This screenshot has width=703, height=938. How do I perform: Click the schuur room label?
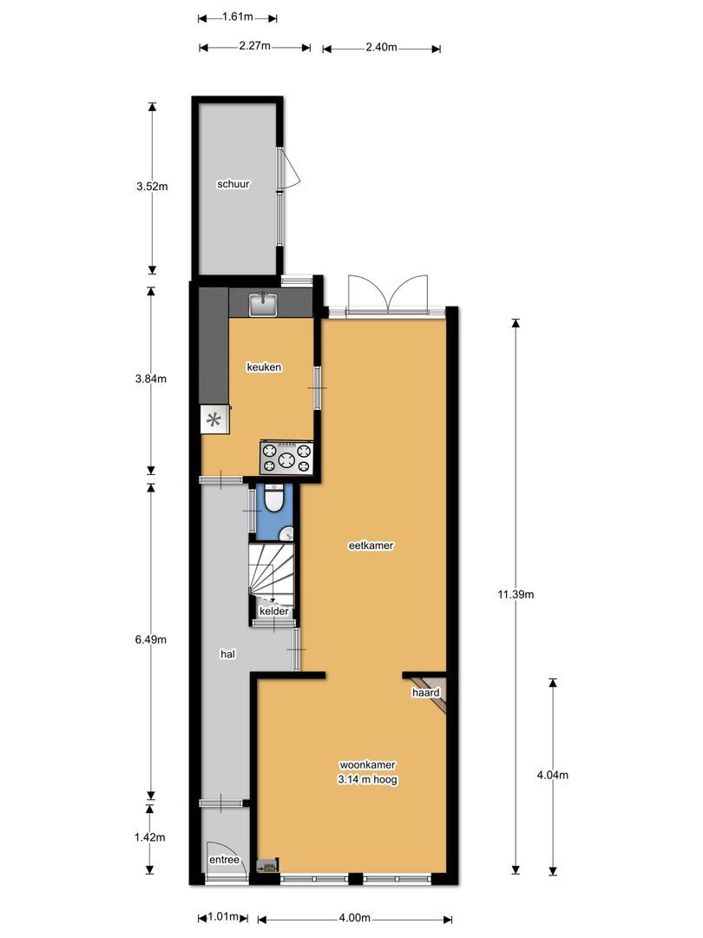click(x=233, y=184)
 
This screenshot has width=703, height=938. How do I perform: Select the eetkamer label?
click(x=372, y=546)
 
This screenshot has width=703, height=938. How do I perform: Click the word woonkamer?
click(x=368, y=764)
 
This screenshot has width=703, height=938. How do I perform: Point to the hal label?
click(x=229, y=654)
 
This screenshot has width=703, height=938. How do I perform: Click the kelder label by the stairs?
click(x=274, y=611)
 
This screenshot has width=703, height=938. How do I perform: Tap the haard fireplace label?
click(x=426, y=693)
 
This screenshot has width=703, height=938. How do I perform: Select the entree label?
click(x=224, y=860)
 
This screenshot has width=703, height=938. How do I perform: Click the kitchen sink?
click(x=262, y=304)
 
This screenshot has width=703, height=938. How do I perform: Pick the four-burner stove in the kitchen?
click(x=287, y=458)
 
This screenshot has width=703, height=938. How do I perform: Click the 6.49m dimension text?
click(x=152, y=639)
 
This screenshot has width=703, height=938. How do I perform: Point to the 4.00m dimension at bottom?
click(x=355, y=918)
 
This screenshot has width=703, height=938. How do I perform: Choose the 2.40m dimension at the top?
click(x=381, y=48)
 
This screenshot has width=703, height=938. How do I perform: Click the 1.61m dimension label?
click(x=237, y=17)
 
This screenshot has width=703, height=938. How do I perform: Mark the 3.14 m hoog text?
click(x=369, y=780)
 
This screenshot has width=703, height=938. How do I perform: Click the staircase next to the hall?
click(x=272, y=572)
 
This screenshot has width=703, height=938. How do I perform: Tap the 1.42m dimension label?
click(x=152, y=838)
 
